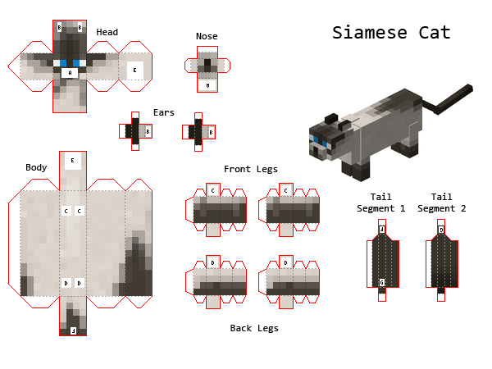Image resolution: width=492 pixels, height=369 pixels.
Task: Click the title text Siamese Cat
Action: click(x=391, y=33)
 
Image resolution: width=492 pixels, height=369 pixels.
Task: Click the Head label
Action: click(x=107, y=33)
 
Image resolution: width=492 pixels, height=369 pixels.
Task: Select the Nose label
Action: click(x=207, y=36)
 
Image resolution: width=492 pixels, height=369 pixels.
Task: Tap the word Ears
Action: click(x=163, y=112)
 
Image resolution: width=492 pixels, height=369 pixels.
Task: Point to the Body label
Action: click(x=36, y=167)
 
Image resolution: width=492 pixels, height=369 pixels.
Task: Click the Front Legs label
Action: click(x=250, y=169)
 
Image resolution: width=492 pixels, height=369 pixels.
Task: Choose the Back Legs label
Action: click(x=253, y=328)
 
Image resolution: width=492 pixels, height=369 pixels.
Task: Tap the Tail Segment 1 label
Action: click(x=380, y=203)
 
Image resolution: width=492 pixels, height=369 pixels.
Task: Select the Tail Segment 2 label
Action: click(x=441, y=203)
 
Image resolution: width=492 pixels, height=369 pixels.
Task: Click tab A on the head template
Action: click(x=70, y=72)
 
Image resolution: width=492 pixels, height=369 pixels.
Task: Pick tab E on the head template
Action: click(x=134, y=71)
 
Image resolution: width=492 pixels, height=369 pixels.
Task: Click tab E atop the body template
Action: click(x=72, y=161)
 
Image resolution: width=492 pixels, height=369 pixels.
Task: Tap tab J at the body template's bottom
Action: click(x=72, y=330)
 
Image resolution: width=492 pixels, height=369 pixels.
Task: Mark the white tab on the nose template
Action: click(x=207, y=84)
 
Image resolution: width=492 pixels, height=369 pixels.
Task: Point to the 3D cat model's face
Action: click(x=319, y=144)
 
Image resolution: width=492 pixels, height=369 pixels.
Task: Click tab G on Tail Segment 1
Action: click(x=381, y=283)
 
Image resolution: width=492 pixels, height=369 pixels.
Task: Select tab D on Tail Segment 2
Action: click(x=440, y=230)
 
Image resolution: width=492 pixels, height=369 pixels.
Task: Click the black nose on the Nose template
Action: click(x=207, y=64)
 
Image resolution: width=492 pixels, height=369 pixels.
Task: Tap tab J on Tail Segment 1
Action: click(x=381, y=230)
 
